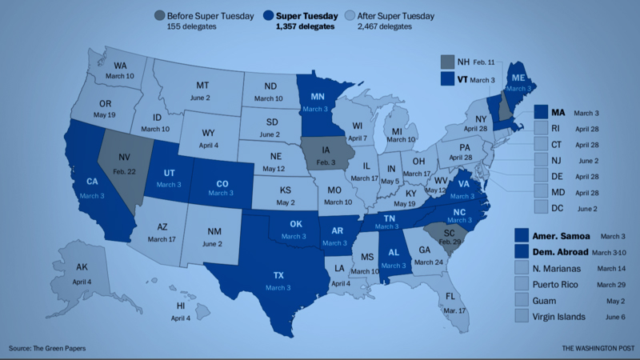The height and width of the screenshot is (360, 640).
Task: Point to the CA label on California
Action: click(x=92, y=182)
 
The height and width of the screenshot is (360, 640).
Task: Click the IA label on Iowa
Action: click(x=326, y=148)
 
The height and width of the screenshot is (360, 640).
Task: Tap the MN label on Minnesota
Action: click(x=316, y=97)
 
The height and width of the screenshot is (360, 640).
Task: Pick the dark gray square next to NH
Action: click(x=448, y=62)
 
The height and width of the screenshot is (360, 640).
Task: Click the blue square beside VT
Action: click(x=448, y=79)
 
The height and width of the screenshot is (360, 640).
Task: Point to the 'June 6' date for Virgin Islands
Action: click(x=610, y=317)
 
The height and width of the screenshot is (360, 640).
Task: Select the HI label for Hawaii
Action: click(x=181, y=306)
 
